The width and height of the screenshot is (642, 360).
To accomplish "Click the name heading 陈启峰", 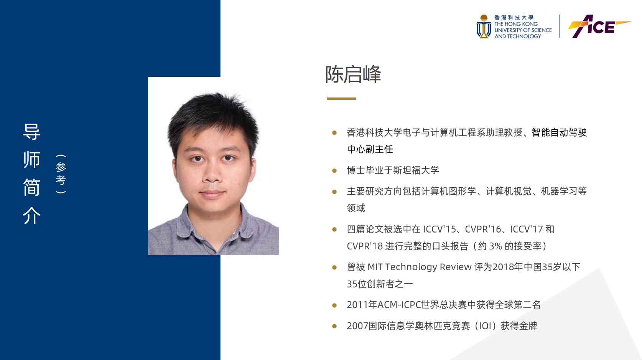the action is point(353,74).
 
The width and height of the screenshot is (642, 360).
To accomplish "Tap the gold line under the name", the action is point(341,98).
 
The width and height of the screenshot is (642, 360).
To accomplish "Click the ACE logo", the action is point(599,26).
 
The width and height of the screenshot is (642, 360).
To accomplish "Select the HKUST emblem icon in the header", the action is point(484,26).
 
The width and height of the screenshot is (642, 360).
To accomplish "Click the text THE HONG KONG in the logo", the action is point(516,24).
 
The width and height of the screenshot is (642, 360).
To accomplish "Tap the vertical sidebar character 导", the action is point(31,132).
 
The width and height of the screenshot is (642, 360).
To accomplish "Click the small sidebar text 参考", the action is point(61,173).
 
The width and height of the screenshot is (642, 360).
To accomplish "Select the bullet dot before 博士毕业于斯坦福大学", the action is point(334,171).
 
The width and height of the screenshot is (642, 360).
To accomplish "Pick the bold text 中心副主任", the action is point(370,149).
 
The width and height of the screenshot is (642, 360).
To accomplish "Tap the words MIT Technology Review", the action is point(419,267).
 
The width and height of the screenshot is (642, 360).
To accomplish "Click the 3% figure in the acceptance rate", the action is point(495,246).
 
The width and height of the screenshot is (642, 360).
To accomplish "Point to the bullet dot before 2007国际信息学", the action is point(334,326).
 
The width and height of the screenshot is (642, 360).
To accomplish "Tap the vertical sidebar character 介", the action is point(31,215).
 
